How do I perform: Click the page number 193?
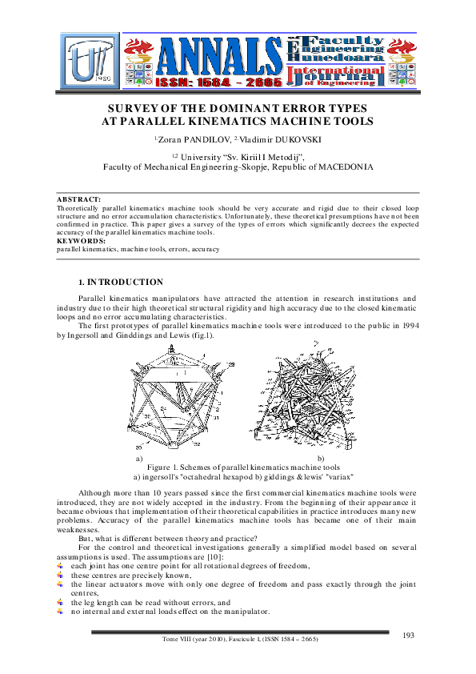tap(408, 635)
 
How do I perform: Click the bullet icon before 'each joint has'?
tap(61, 566)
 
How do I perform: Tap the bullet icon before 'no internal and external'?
tap(61, 611)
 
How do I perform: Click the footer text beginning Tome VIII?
tap(238, 638)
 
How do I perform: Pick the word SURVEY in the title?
tap(141, 107)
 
